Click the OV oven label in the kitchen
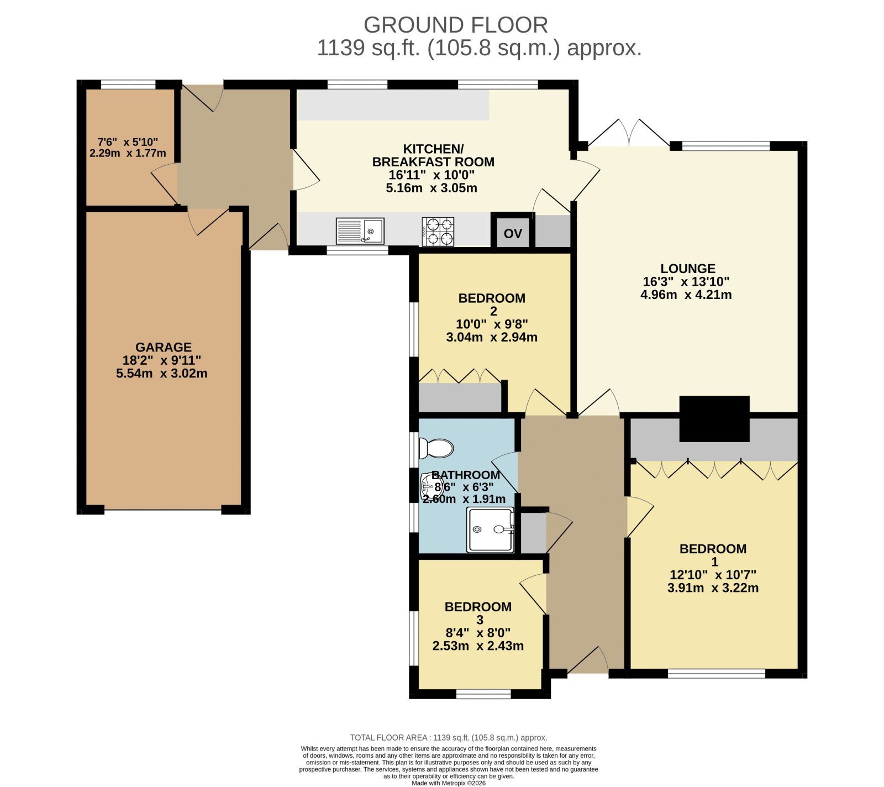coord(513,234)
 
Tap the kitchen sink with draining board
coord(360,231)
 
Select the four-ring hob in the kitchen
coord(438,232)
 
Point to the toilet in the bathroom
coord(436,448)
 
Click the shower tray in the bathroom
coord(491,530)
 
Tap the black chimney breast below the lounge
coord(714,419)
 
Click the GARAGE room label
coord(164,347)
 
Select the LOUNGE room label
coord(688,269)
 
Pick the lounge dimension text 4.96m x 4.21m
coord(686,295)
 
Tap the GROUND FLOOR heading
coord(456,25)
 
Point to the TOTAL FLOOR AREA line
coord(449,738)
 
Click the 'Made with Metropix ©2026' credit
coord(449,783)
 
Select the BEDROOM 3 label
coord(478,613)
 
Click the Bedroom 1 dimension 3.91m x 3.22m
coord(713,588)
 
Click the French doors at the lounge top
coord(629,133)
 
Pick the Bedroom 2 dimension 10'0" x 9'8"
coord(492,324)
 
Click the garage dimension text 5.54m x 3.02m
coord(162,374)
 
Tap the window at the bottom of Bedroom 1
coord(717,674)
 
